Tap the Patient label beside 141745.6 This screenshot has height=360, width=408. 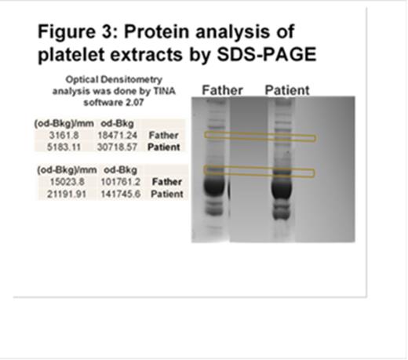pyautogui.click(x=169, y=193)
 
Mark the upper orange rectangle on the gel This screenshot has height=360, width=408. pyautogui.click(x=259, y=136)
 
